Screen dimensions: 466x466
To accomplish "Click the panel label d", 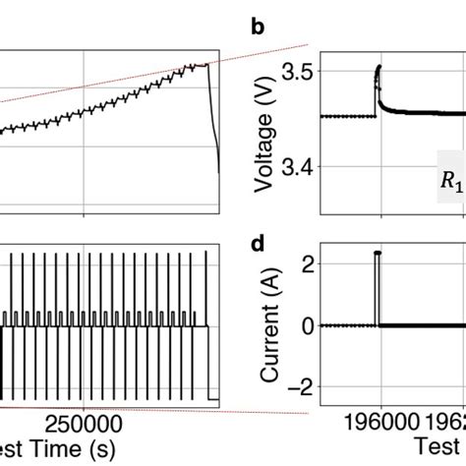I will (x=257, y=243).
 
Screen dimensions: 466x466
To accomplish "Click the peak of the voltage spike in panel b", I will (x=379, y=67).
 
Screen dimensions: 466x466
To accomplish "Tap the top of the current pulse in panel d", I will (x=377, y=253).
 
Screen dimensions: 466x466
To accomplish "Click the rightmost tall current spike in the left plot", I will (x=204, y=253).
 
